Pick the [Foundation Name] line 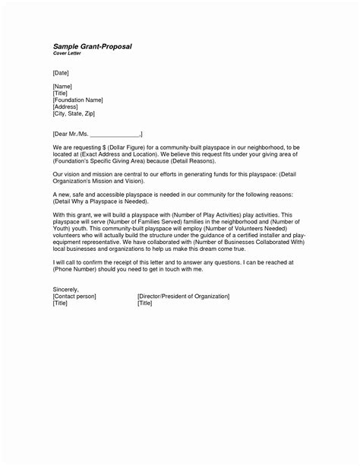click(x=77, y=100)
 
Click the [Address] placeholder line click(x=67, y=107)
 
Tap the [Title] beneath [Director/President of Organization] click(x=145, y=303)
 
